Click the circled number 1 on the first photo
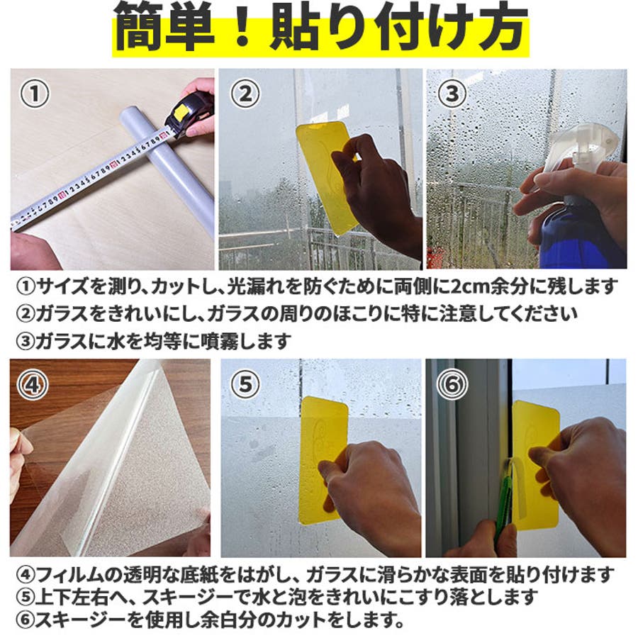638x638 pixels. (35, 94)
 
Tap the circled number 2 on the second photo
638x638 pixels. (245, 94)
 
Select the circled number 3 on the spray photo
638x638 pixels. (452, 94)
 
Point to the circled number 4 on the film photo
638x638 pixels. (33, 384)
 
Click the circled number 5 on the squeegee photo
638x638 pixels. (245, 384)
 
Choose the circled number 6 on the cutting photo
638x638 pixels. (452, 384)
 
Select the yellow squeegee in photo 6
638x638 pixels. (535, 464)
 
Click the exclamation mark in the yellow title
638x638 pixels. (242, 28)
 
